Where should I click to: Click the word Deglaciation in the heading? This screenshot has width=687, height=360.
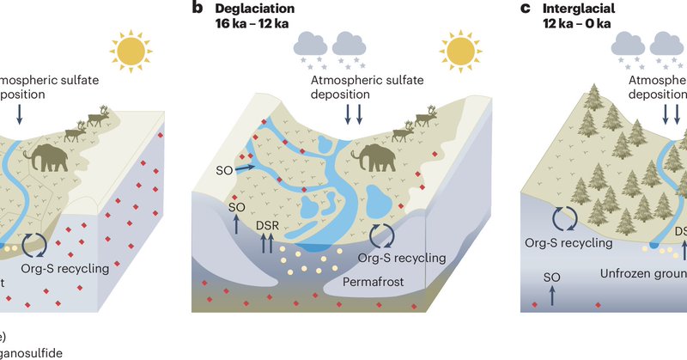coord(255,9)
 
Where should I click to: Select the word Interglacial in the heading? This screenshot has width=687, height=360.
coord(583,9)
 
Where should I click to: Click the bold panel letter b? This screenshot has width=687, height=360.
coord(197,9)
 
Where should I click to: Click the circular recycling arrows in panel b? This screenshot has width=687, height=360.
coord(383,235)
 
